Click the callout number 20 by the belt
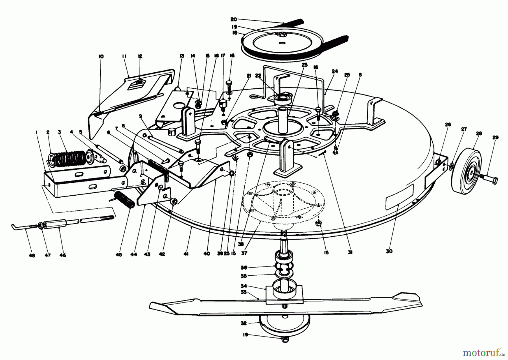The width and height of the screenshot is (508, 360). click(x=233, y=19)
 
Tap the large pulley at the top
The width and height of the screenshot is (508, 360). click(x=282, y=42)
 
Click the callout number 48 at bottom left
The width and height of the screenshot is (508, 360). click(x=32, y=255)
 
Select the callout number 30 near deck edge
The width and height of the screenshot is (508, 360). click(x=389, y=251)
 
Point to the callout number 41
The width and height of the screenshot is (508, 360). click(x=186, y=254)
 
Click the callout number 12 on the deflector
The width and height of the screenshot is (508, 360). click(x=140, y=56)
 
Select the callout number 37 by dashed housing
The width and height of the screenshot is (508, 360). click(x=244, y=253)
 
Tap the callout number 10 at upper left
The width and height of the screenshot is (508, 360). click(x=101, y=56)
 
